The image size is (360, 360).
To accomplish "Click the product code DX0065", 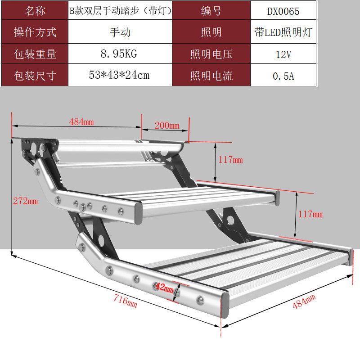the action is [283, 11].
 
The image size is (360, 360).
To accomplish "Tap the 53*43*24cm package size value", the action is [119, 75].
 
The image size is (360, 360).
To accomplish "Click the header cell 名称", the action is [35, 11].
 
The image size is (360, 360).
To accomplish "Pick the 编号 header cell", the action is [211, 11].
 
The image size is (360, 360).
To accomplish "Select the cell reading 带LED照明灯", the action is [283, 32].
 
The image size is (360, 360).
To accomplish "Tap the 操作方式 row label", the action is [35, 32].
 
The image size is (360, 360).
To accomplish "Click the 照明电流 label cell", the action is [211, 76].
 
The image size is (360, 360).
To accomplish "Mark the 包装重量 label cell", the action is [35, 54].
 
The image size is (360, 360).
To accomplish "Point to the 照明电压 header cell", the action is [211, 54].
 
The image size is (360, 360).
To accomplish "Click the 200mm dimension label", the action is [167, 126].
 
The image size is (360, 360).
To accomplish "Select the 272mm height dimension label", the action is [26, 201].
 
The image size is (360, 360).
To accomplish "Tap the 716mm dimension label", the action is [126, 301].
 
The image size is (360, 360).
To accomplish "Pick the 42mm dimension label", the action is [164, 288].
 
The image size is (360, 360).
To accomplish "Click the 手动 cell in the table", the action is [120, 32].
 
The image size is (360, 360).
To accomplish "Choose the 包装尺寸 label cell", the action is [35, 76].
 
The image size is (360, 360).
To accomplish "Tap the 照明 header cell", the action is [211, 32].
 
